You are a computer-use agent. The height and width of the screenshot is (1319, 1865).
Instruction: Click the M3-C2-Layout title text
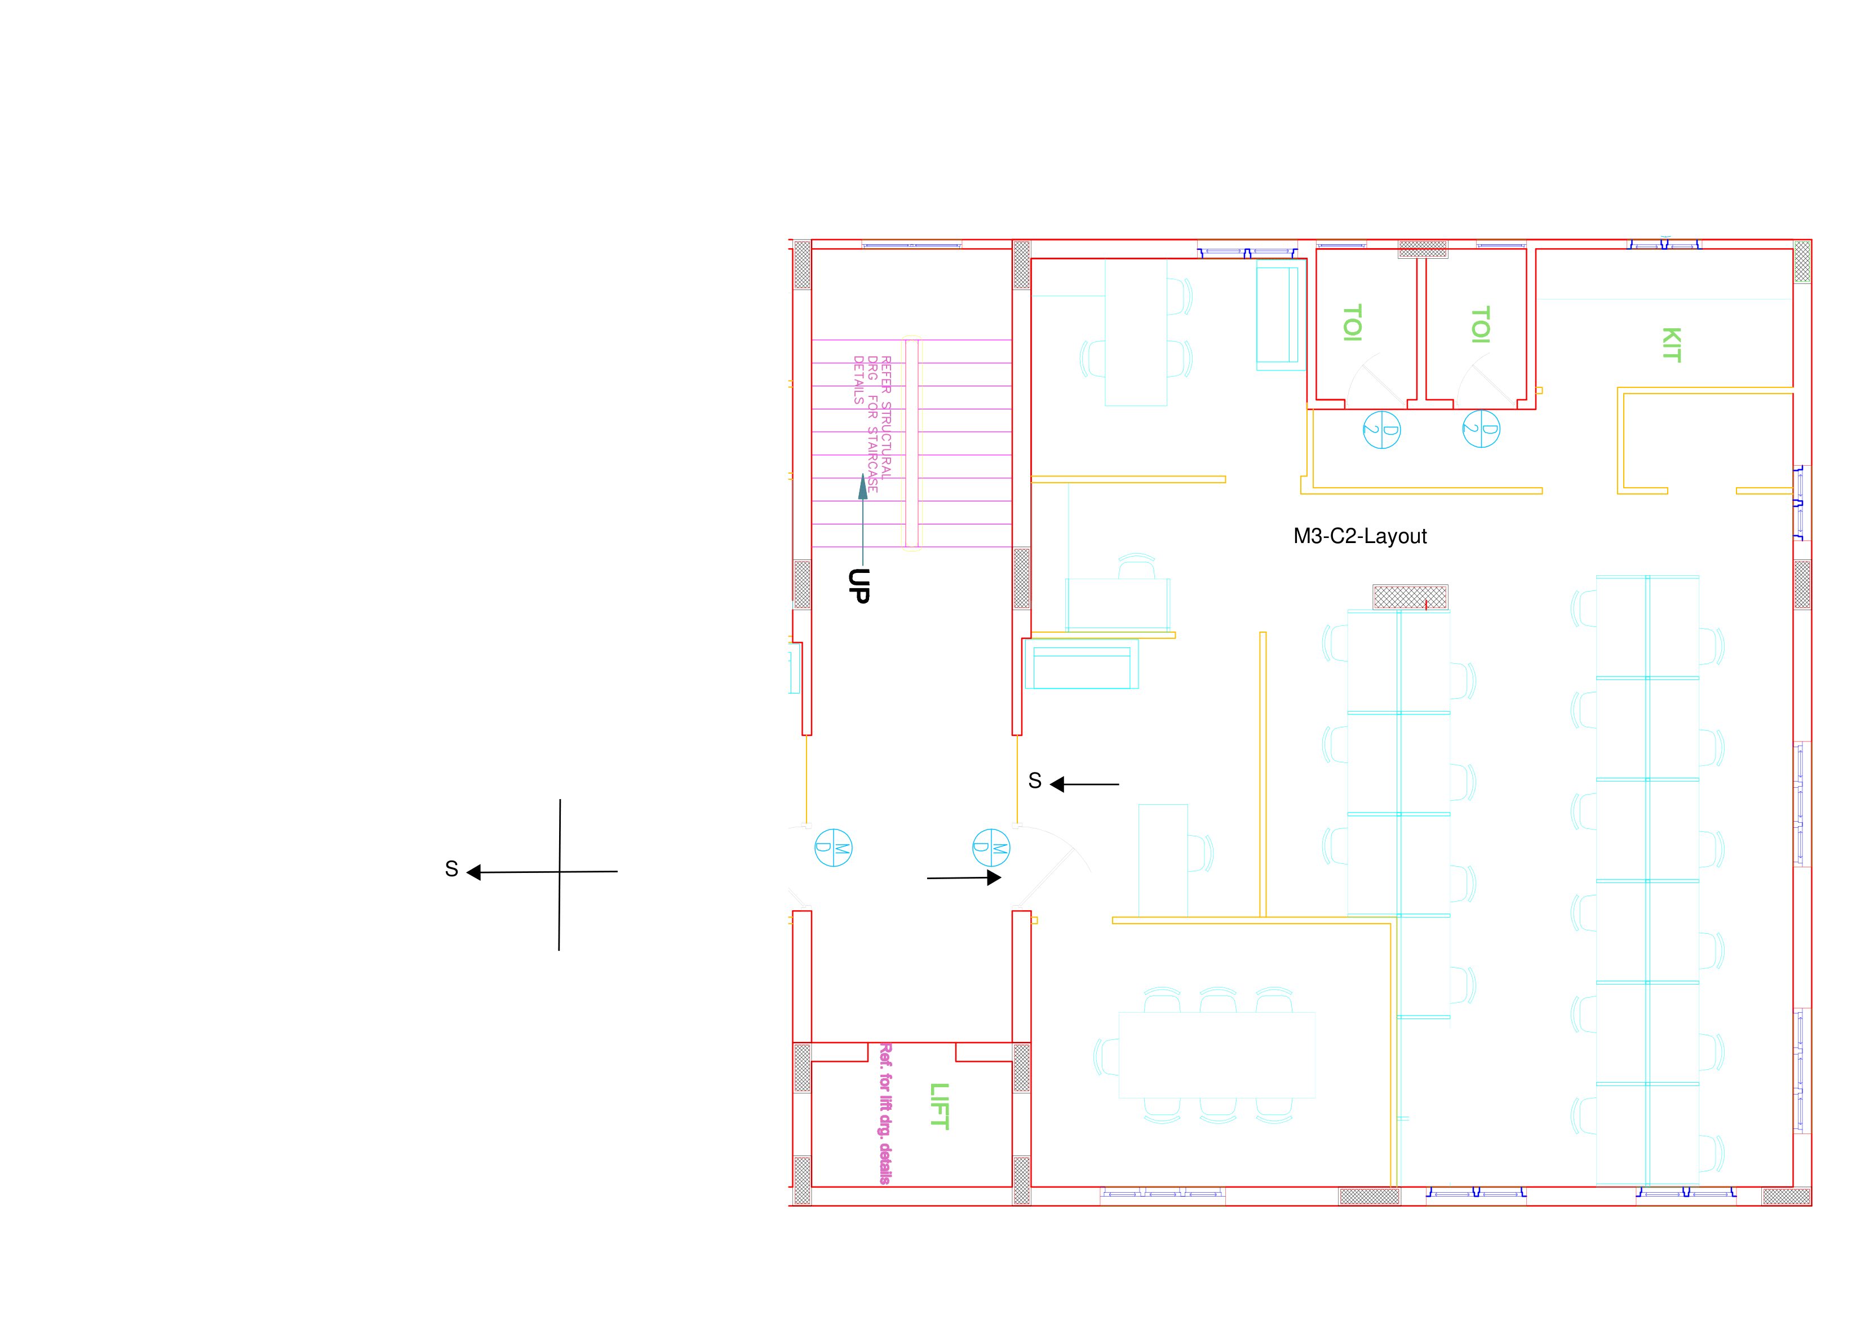(x=1360, y=536)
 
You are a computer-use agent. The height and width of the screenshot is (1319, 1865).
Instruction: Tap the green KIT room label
(x=1671, y=345)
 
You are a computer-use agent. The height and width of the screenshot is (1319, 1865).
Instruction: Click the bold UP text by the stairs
(x=858, y=586)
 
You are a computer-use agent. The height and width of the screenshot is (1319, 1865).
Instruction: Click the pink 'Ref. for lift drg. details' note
(x=885, y=1113)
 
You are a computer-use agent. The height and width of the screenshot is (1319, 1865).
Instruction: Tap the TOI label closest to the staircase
(x=1352, y=323)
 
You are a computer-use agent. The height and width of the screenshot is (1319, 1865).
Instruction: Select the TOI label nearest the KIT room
(x=1480, y=325)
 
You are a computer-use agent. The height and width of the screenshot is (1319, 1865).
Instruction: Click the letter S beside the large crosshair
(x=451, y=869)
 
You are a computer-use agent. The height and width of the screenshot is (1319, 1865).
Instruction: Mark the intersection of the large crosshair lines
(x=560, y=872)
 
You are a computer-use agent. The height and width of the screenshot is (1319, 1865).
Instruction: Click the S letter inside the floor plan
(x=1034, y=780)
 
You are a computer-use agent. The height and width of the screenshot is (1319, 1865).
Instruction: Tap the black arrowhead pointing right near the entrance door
(x=994, y=877)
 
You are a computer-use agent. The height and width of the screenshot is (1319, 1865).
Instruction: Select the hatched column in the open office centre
(x=1410, y=597)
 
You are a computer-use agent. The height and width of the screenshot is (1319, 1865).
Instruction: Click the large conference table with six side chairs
(x=1217, y=1055)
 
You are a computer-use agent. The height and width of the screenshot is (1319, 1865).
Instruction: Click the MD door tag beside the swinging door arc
(x=991, y=848)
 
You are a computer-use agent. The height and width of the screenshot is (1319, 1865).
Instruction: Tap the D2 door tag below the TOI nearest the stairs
(x=1381, y=430)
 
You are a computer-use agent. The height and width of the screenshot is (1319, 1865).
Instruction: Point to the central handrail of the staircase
(x=911, y=444)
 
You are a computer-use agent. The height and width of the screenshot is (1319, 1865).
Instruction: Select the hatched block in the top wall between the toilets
(x=1423, y=249)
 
